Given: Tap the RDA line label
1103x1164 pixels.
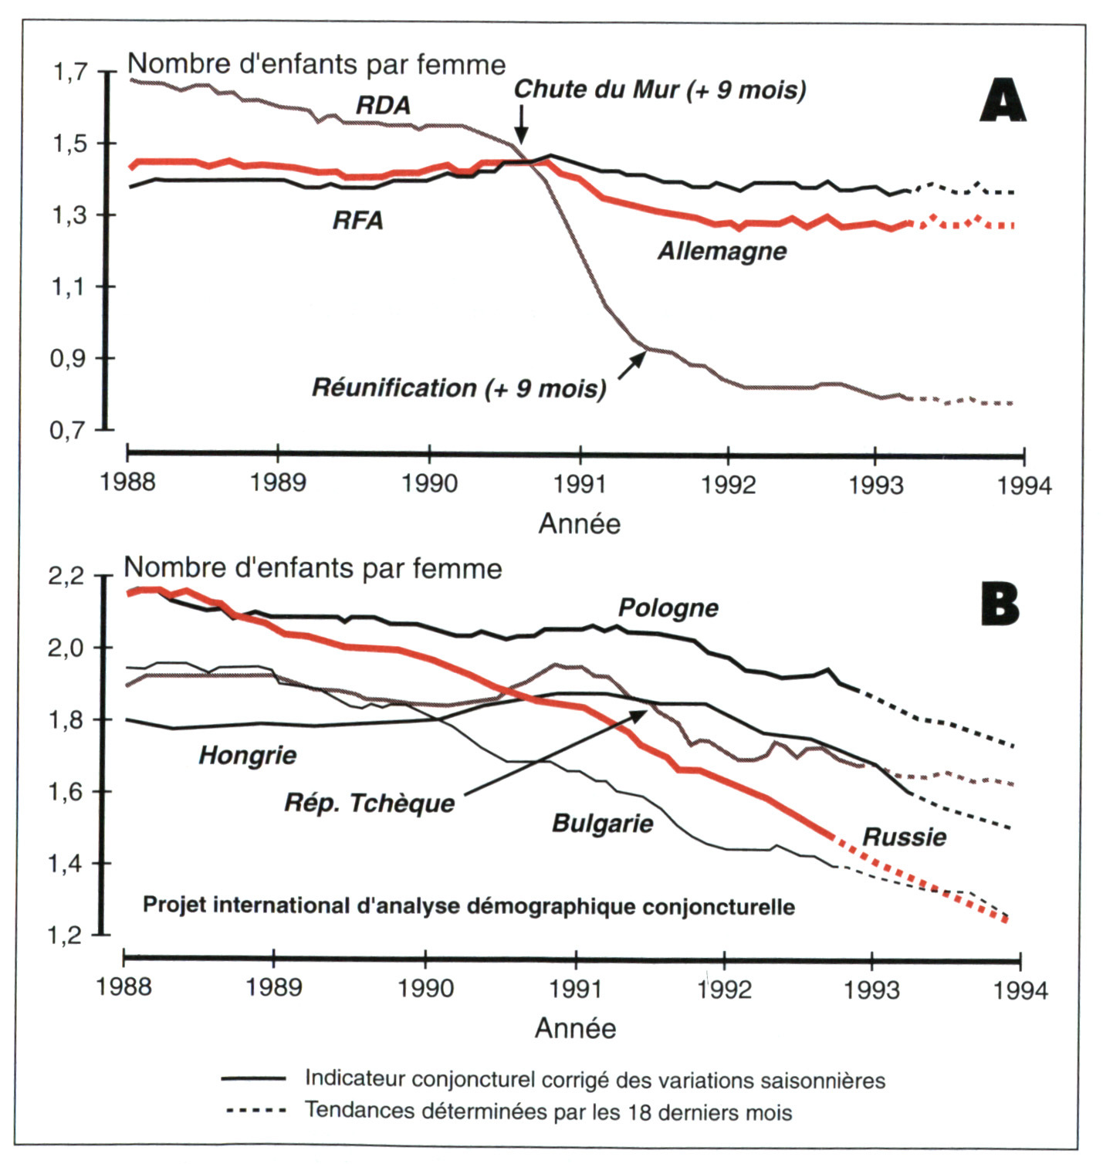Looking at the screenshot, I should point(383,106).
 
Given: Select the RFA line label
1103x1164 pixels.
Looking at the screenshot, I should point(357,221).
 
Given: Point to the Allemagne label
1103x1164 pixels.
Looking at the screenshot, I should point(722,252).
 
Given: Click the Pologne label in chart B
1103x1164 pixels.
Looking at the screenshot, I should point(668,608).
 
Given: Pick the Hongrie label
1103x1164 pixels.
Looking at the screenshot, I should point(248,755).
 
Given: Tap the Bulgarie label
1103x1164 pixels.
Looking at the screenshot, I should point(602,824).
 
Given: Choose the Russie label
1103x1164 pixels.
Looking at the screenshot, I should point(904,837).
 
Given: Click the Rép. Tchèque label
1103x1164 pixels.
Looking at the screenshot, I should point(370,804).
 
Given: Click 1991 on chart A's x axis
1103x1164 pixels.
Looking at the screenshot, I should point(580,485).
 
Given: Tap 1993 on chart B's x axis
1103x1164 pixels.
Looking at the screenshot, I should point(871,990).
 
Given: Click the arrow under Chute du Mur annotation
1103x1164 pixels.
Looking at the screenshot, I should point(522,124).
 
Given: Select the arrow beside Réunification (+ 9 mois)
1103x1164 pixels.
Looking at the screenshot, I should point(632,364).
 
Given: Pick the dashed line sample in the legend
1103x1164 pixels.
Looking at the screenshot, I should point(255,1112).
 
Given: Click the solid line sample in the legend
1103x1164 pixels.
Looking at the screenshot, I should point(253,1078).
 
